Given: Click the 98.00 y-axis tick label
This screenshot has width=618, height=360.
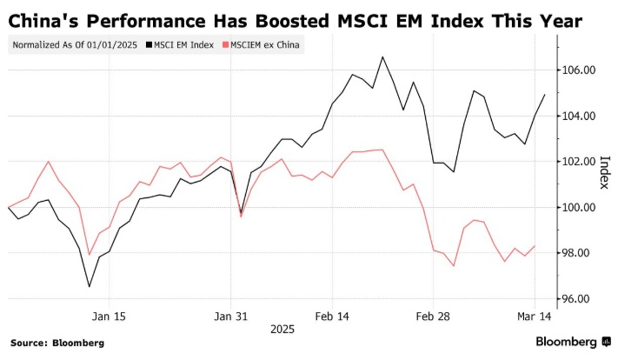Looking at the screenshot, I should point(577,253).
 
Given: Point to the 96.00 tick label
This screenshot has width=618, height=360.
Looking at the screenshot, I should point(577,298).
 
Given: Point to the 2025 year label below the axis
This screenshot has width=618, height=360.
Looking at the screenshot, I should point(282,330).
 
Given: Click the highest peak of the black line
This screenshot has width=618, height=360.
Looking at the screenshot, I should point(382,57).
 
